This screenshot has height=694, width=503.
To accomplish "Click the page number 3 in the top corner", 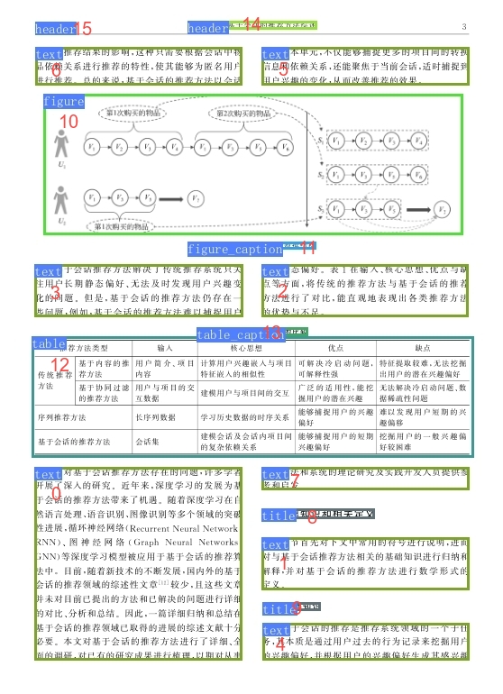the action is [x=463, y=26].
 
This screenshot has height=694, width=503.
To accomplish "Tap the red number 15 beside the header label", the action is [x=83, y=30].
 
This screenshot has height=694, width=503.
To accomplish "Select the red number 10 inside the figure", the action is [x=69, y=121].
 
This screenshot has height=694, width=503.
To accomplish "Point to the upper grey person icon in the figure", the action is [x=61, y=145].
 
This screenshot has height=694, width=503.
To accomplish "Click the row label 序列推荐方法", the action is [x=60, y=417].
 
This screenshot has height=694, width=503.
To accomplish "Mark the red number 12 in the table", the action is [x=60, y=365].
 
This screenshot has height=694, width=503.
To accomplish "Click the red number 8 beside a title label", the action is [x=312, y=516].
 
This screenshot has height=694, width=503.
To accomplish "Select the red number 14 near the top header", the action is [x=251, y=23].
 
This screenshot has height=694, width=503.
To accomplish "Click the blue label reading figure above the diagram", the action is [x=64, y=102].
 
